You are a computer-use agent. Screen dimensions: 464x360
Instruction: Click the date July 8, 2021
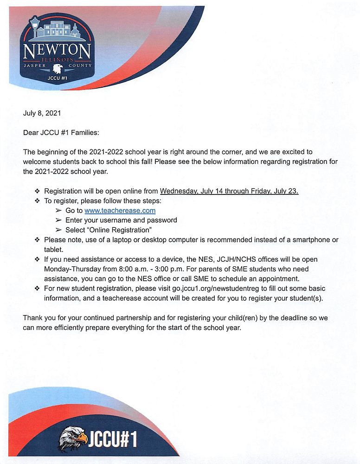click(x=41, y=113)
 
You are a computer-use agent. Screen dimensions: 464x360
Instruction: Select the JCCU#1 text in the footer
click(x=112, y=438)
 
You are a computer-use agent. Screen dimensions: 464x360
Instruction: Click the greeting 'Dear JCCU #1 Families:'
click(x=61, y=132)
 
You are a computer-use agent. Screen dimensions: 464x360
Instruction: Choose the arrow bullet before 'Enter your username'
click(x=58, y=220)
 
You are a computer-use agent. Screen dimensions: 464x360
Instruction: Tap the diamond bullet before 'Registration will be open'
click(x=38, y=191)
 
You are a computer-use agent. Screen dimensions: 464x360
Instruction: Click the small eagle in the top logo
click(x=57, y=69)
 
